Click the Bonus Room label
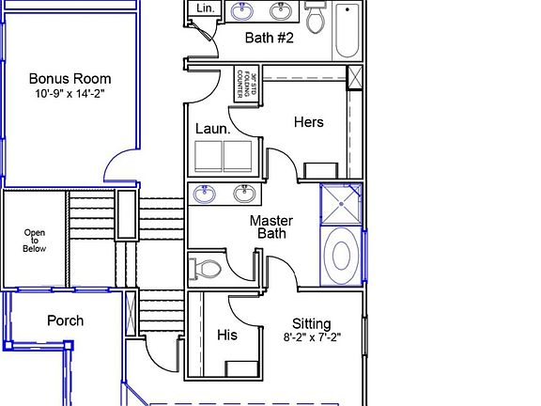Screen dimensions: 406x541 point(70,79)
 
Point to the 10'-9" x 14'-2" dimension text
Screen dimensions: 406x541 point(70,95)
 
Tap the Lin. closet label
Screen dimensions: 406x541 point(205,8)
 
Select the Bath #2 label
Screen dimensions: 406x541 point(270,39)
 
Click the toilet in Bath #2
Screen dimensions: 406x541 point(316,16)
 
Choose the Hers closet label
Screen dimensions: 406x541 point(308,121)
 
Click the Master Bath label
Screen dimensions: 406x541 point(271,226)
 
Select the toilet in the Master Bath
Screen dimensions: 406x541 point(206,269)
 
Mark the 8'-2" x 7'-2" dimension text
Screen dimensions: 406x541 point(311,336)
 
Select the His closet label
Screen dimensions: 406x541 point(226,335)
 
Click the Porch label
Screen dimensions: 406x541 point(65,320)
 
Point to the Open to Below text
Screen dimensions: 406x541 point(34,241)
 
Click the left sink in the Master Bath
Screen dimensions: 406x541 point(205,195)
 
